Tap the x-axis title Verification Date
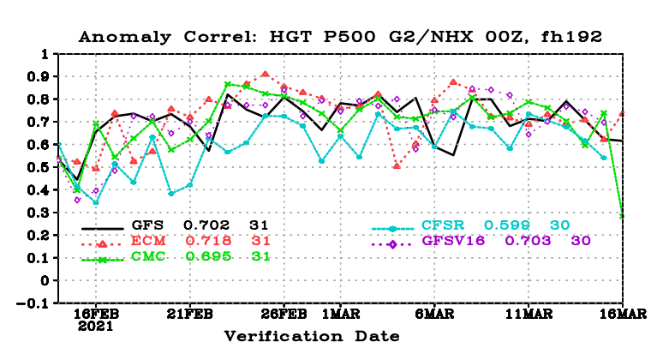click(312, 336)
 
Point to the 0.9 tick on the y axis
click(39, 76)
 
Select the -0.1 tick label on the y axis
click(33, 303)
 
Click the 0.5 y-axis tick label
click(39, 167)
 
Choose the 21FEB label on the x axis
click(190, 314)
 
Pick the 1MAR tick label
click(340, 314)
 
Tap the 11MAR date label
click(529, 314)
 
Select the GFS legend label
click(147, 225)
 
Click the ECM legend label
click(148, 241)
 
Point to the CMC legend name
click(148, 256)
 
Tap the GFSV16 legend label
click(453, 241)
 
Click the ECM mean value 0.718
click(208, 241)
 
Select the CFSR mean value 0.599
click(507, 225)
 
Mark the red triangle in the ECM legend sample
click(102, 244)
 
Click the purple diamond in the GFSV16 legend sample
click(392, 244)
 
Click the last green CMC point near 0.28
click(622, 216)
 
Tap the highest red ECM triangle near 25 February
click(266, 75)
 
